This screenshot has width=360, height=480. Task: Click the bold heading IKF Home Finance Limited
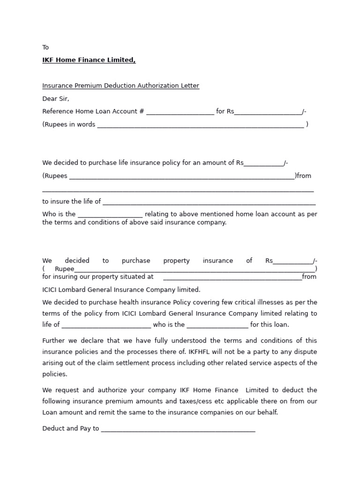[x=89, y=60]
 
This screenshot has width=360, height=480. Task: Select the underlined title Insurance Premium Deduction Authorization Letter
[x=120, y=86]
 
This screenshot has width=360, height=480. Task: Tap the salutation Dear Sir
[x=55, y=99]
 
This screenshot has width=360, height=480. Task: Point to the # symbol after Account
[x=142, y=112]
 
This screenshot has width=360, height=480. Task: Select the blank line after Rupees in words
[x=200, y=125]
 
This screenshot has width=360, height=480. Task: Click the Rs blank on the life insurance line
[x=263, y=164]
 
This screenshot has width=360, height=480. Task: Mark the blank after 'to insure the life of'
[x=209, y=202]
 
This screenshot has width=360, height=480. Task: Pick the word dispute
[x=305, y=352]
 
